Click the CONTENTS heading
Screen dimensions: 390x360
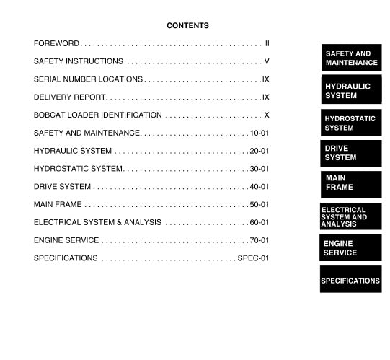187,26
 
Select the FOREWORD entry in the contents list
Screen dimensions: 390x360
57,44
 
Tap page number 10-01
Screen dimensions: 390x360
260,133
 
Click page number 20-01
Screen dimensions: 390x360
260,152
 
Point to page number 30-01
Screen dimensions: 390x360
260,169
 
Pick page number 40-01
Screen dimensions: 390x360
260,187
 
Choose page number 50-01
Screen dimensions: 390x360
260,205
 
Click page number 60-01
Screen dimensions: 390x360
260,222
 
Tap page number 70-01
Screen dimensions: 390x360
260,240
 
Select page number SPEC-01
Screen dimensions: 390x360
254,258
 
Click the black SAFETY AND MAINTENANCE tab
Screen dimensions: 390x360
351,58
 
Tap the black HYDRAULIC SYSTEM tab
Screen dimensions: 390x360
351,91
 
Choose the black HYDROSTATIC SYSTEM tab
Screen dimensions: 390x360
351,123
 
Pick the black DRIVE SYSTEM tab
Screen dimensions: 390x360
351,153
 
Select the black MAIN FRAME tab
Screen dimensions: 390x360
351,183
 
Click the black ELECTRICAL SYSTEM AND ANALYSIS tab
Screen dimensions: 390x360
351,216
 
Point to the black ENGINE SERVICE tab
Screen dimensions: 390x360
351,248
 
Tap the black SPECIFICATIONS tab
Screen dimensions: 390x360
351,280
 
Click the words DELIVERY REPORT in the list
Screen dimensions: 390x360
70,97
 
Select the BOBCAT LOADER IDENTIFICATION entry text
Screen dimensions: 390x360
97,115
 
